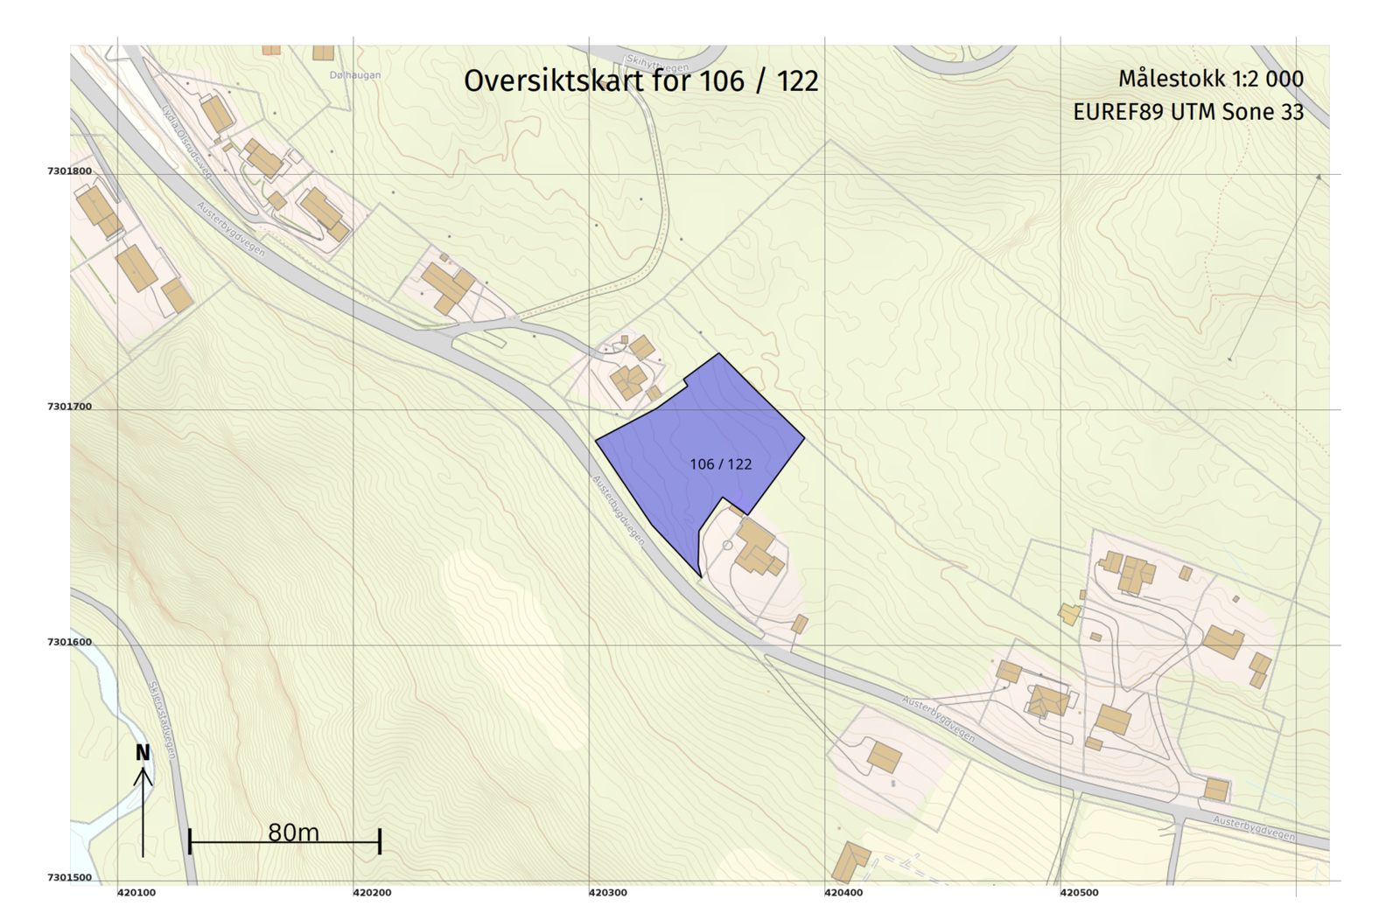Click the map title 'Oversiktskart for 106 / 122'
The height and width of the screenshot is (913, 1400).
640,81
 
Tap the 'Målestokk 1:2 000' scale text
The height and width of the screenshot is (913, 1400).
1210,79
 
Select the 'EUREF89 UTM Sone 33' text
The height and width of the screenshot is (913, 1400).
1187,112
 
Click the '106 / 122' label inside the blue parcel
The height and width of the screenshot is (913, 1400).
720,464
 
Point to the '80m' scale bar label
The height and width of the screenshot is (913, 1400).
293,832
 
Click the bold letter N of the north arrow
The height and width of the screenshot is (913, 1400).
143,753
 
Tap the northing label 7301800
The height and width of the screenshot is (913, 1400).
69,171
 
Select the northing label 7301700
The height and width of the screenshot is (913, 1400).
69,407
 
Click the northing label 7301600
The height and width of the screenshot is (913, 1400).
69,642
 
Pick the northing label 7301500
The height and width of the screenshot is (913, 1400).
69,877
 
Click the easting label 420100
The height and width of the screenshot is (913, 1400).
136,893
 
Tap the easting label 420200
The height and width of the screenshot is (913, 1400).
372,893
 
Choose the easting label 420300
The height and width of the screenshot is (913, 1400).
607,893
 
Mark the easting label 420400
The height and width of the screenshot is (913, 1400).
843,893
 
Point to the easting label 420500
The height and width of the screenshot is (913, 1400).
1079,893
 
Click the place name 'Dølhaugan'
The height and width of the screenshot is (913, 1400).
355,75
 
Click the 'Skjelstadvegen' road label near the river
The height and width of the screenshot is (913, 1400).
162,720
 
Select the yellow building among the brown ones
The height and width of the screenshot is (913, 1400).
1069,613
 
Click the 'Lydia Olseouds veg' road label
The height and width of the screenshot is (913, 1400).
186,143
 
